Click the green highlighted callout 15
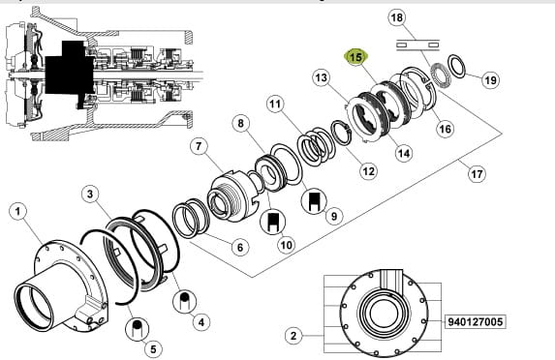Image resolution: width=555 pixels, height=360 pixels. coord(356,57)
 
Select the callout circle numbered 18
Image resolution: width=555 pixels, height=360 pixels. coord(397,17)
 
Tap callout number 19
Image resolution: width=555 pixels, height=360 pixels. coord(490,80)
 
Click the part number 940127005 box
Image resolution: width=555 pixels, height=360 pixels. coord(475,322)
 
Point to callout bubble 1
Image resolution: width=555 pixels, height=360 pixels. coord(17,212)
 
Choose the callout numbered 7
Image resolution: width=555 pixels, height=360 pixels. coord(199,146)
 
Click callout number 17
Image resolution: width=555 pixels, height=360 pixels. coord(477,173)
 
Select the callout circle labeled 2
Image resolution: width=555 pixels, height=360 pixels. coord(293,335)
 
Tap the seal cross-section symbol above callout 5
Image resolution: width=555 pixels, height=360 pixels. coord(138,329)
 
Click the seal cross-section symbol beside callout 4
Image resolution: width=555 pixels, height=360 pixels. coord(184,302)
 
